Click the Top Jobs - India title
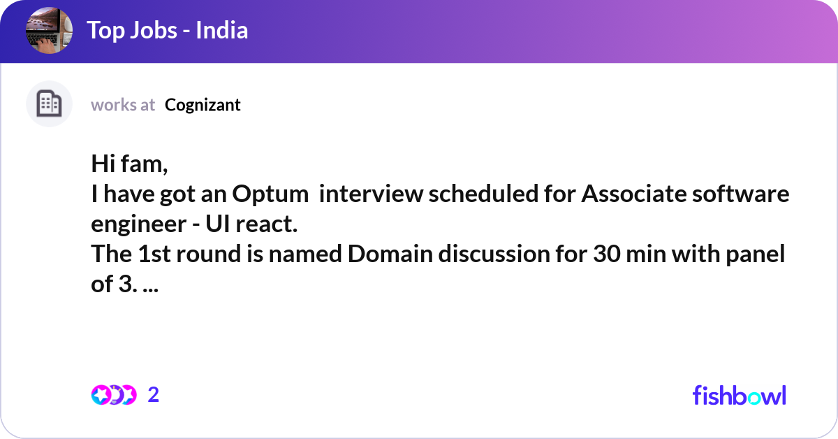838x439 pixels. click(168, 31)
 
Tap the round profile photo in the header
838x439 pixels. click(49, 31)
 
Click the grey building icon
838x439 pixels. click(49, 104)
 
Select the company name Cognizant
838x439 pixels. click(203, 105)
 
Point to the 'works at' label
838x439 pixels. click(123, 105)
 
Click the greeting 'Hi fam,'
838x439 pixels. click(130, 165)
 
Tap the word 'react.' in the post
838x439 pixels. click(268, 225)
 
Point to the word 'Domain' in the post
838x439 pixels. click(390, 255)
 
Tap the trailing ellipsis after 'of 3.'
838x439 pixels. click(149, 285)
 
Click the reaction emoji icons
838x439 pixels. click(113, 395)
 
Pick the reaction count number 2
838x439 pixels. click(154, 395)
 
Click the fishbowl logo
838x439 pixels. click(739, 395)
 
